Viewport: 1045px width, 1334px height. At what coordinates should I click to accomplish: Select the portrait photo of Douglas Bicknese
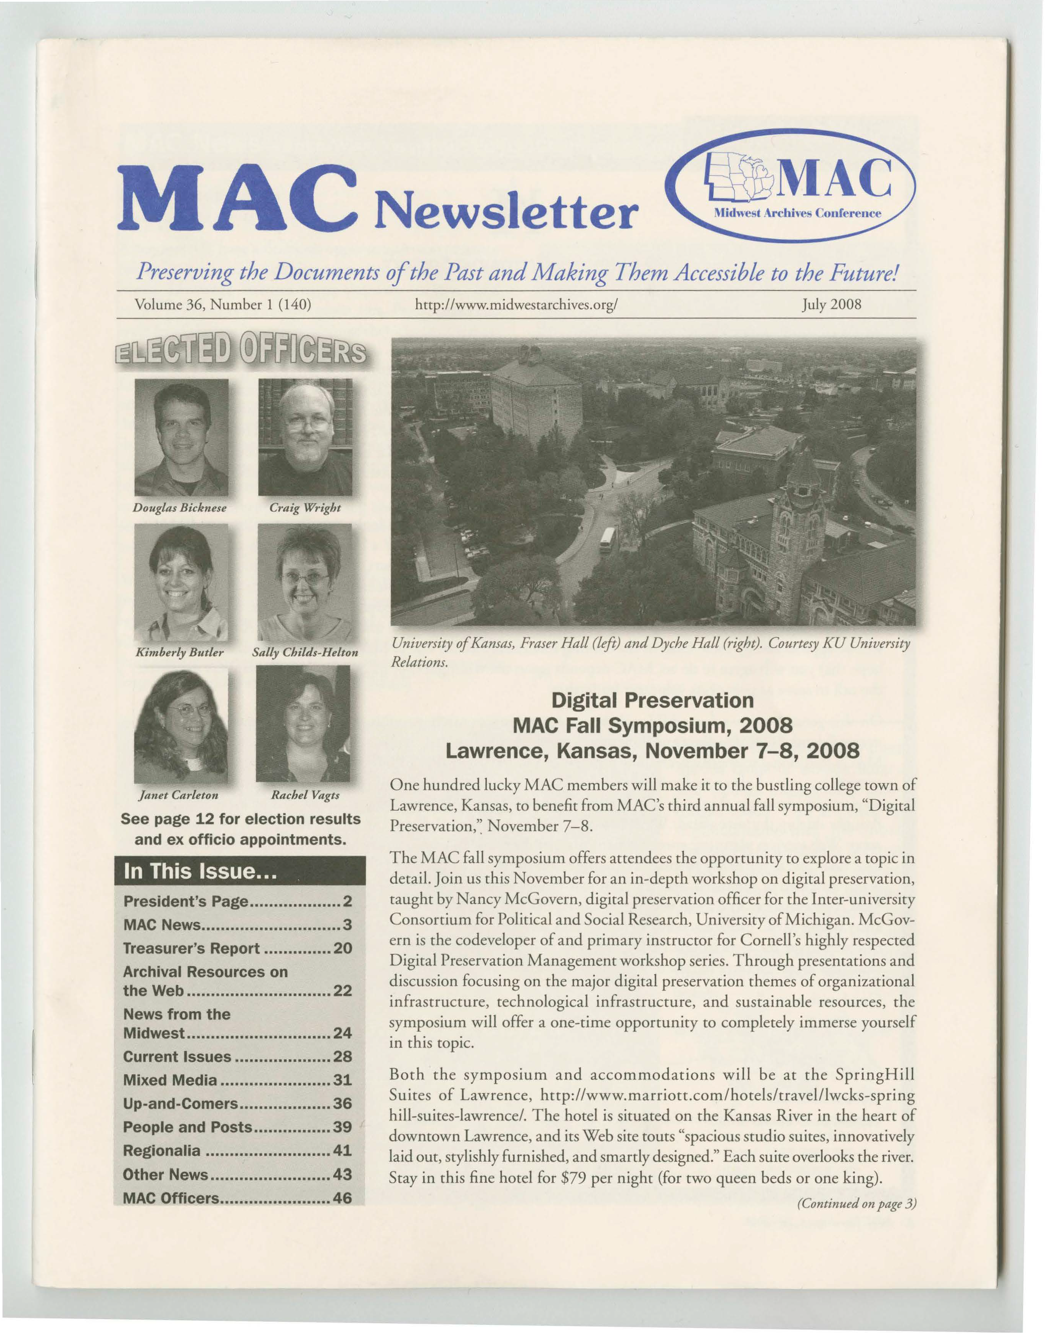[x=181, y=437]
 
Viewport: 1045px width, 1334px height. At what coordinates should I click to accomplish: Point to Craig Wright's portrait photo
[x=305, y=437]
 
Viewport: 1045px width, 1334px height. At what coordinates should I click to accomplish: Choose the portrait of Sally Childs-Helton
[x=305, y=582]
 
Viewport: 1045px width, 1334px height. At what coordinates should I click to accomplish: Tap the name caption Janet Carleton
[x=179, y=795]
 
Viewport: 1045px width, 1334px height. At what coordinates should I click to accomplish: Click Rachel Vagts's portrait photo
[x=303, y=724]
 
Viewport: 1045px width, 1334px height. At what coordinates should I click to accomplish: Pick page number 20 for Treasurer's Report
[x=343, y=948]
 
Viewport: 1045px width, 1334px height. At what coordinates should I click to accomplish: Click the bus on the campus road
[x=607, y=540]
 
